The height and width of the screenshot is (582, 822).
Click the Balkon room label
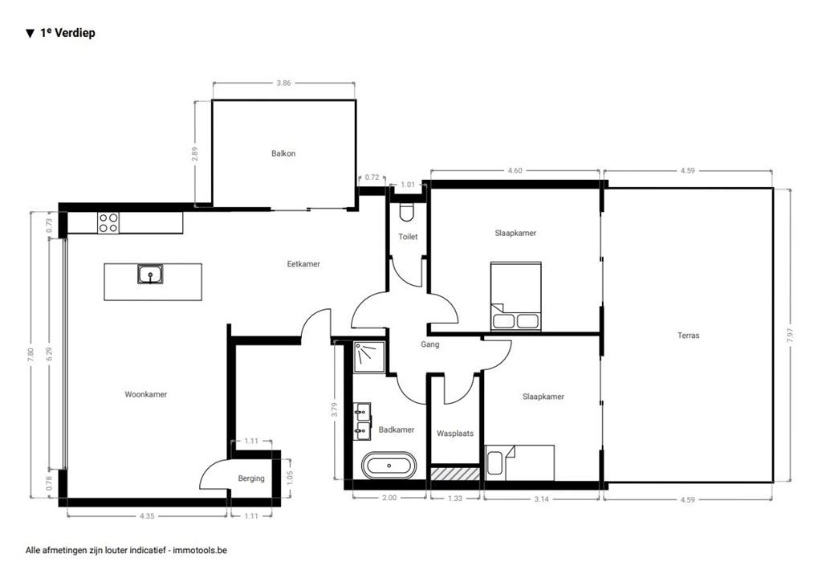click(283, 153)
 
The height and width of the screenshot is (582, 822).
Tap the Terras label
click(688, 336)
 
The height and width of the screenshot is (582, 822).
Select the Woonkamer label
click(146, 394)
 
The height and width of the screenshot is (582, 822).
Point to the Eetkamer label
click(304, 263)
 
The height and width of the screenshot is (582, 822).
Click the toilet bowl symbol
click(407, 212)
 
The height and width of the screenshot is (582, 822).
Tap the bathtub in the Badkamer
click(389, 466)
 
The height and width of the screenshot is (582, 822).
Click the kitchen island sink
click(150, 275)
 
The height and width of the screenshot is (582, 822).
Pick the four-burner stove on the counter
click(108, 222)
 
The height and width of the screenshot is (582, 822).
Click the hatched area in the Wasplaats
click(455, 473)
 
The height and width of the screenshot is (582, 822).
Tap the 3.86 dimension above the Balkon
click(284, 83)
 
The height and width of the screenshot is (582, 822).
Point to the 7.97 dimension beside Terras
click(790, 336)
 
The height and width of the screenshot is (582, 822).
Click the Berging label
click(251, 478)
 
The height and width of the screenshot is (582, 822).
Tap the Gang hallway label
click(429, 345)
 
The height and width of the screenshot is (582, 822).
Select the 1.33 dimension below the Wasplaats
click(454, 498)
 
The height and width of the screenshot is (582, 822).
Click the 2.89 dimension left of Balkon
click(195, 153)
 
